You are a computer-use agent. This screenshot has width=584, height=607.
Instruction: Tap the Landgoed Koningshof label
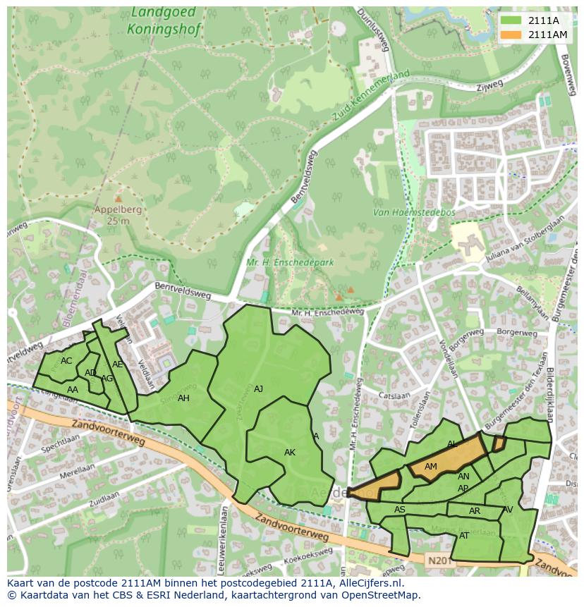[x=164, y=21]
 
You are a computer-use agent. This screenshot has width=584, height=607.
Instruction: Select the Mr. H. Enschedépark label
[x=289, y=262]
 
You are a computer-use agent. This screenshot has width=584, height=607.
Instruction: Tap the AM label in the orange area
[x=431, y=466]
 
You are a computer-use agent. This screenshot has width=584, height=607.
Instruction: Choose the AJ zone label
[x=258, y=388]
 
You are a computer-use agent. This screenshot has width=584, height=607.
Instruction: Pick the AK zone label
[x=290, y=452]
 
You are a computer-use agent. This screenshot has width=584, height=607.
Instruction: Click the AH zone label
[x=183, y=398]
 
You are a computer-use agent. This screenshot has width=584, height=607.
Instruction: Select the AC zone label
[x=66, y=360]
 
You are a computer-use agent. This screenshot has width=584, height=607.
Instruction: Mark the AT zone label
[x=464, y=535]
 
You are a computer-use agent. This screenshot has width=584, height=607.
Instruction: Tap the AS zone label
[x=400, y=509]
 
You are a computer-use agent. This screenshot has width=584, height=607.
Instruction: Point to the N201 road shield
[x=438, y=560]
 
